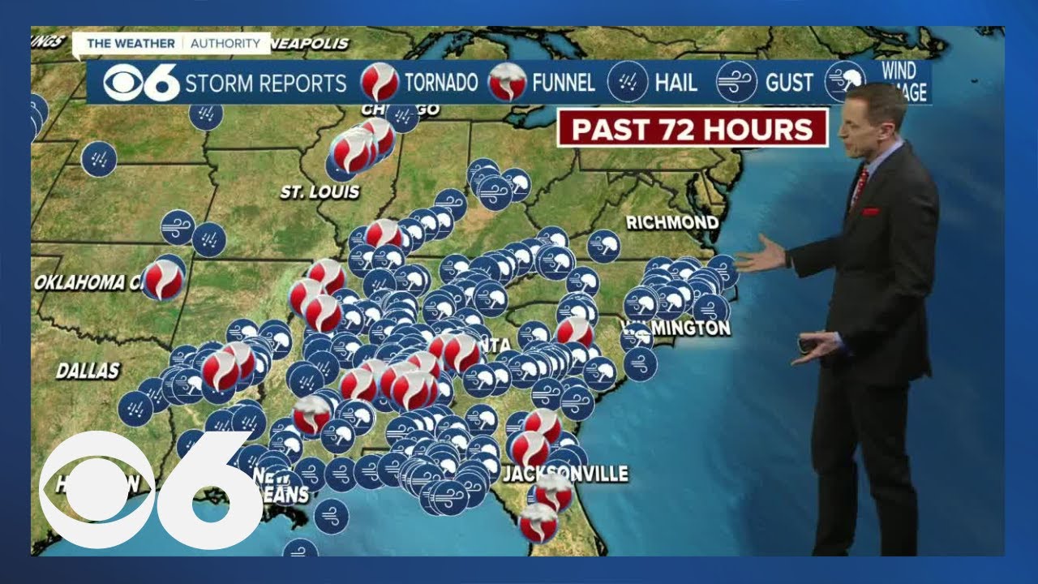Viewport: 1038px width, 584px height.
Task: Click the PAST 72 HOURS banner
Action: click(x=692, y=128)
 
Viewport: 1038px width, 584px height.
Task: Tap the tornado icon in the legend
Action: click(x=380, y=82)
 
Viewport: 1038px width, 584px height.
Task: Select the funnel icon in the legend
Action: click(x=508, y=82)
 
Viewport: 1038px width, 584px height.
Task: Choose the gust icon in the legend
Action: click(x=736, y=82)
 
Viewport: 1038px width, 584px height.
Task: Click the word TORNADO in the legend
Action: click(x=441, y=83)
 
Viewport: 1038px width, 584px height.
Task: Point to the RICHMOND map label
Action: click(x=671, y=222)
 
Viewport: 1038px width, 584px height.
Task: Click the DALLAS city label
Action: click(x=88, y=371)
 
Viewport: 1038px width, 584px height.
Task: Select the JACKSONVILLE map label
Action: click(x=565, y=474)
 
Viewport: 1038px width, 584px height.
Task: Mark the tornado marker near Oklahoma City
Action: click(x=164, y=280)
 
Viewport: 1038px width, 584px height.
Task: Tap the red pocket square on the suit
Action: click(x=870, y=213)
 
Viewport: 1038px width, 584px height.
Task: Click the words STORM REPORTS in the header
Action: click(x=266, y=83)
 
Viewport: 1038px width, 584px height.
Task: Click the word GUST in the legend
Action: click(x=789, y=83)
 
